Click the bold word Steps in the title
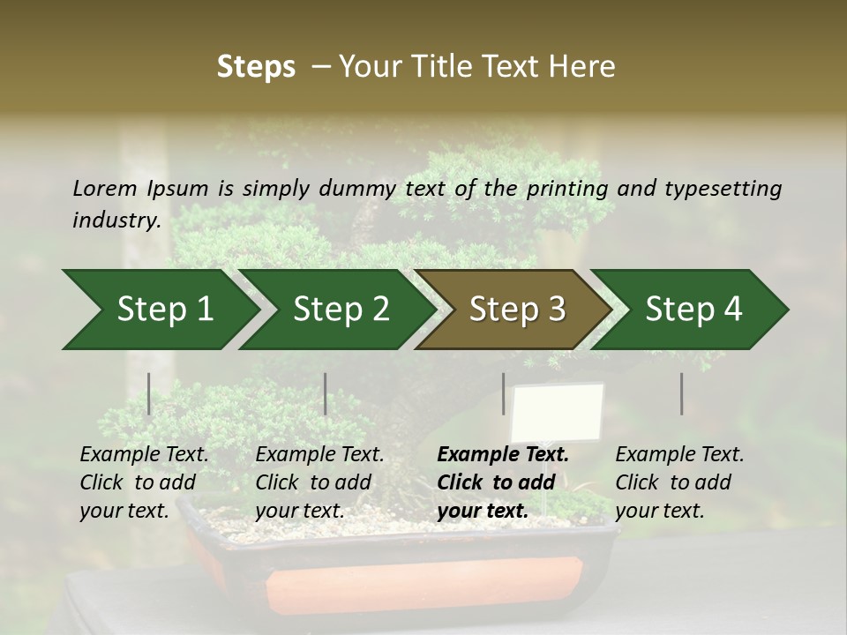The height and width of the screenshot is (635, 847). point(256,67)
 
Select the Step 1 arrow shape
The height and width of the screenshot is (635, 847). point(159,310)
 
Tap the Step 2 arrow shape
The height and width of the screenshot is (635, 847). point(335,310)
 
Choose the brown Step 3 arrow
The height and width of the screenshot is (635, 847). point(512,310)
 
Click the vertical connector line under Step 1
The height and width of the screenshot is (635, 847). point(149,393)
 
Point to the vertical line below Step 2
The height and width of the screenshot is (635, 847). point(326,393)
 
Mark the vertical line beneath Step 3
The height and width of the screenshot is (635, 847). point(503,393)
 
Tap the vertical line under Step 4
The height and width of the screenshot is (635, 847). point(681,393)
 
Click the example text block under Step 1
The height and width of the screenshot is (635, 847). point(144,482)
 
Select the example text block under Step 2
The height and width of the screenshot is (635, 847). point(319,482)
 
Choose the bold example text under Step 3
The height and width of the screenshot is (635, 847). point(502,482)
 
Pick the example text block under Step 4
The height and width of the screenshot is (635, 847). point(679,482)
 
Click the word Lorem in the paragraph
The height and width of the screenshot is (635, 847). point(105,189)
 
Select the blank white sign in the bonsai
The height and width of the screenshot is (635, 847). point(558,413)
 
